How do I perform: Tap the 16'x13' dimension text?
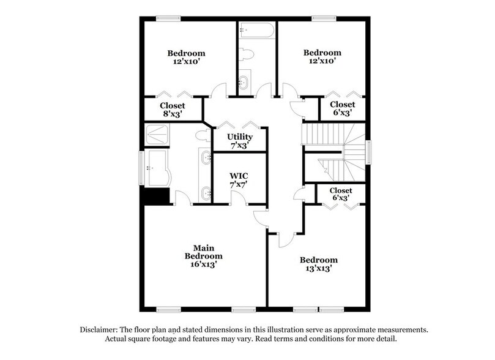204,265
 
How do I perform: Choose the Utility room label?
239,136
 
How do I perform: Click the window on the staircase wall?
369,152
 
